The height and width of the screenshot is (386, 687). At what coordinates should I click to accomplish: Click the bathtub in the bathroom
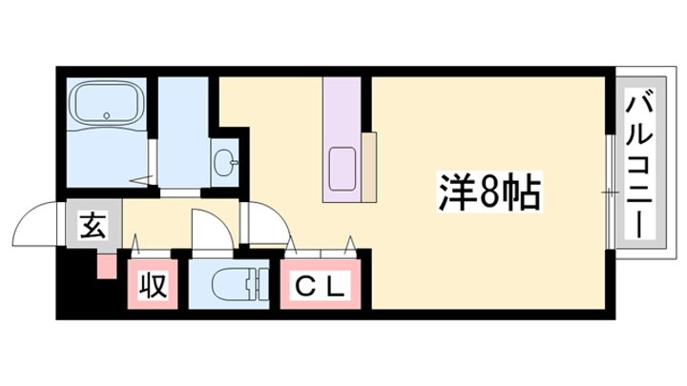click(106, 104)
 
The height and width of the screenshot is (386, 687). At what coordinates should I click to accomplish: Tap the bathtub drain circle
click(106, 116)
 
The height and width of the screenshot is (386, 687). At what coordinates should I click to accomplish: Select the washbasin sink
click(225, 162)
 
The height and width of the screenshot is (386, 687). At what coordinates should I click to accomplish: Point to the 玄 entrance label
click(94, 226)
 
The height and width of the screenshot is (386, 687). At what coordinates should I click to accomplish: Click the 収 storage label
click(153, 285)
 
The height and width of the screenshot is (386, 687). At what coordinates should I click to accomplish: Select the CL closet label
click(320, 285)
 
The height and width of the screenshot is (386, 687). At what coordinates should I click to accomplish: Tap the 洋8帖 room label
click(489, 193)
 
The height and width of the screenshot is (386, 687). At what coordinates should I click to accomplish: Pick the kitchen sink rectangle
click(343, 169)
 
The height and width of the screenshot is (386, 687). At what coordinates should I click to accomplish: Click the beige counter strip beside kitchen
click(369, 167)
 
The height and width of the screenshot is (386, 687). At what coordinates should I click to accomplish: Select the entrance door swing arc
click(35, 224)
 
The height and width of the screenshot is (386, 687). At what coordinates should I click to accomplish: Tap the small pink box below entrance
click(107, 265)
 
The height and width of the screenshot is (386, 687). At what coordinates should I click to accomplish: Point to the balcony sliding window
click(610, 192)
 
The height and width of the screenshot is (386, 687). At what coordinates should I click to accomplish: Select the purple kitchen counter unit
click(343, 139)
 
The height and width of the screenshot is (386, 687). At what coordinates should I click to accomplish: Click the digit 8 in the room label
click(489, 193)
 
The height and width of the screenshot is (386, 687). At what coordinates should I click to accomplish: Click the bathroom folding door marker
click(143, 180)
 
